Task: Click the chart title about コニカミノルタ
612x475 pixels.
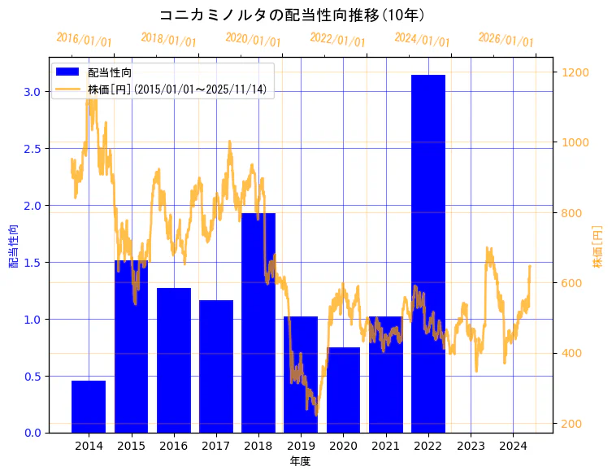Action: point(292,15)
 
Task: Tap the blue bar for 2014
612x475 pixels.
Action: point(89,406)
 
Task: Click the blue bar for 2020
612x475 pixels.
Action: point(343,390)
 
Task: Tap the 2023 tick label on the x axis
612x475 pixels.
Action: point(471,446)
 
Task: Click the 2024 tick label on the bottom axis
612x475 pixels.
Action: point(513,446)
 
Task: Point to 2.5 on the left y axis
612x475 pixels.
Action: point(33,148)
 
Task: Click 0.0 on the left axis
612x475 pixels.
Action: point(33,433)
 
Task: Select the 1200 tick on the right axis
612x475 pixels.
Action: point(575,72)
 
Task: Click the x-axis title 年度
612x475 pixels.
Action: point(300,461)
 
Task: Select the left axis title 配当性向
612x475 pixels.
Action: point(14,246)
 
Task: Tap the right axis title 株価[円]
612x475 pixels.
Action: point(598,246)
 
